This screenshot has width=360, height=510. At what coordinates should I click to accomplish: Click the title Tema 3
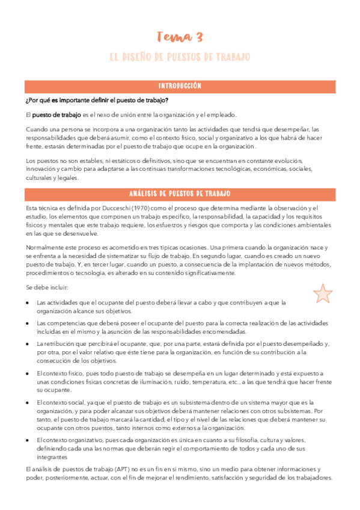pyautogui.click(x=180, y=37)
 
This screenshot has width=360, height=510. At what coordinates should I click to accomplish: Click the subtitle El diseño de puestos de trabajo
pyautogui.click(x=180, y=57)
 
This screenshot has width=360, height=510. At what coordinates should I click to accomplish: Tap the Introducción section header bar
pyautogui.click(x=180, y=86)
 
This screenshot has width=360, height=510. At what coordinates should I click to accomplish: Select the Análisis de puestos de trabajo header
pyautogui.click(x=180, y=194)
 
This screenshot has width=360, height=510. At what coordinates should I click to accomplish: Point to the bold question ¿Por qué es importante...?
pyautogui.click(x=88, y=100)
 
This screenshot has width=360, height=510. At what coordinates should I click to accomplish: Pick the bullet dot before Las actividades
pyautogui.click(x=28, y=303)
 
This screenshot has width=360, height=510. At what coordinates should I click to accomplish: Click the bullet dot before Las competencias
pyautogui.click(x=28, y=323)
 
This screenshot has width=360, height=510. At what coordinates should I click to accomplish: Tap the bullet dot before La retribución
pyautogui.click(x=28, y=343)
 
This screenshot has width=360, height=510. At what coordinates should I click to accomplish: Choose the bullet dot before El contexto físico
pyautogui.click(x=28, y=373)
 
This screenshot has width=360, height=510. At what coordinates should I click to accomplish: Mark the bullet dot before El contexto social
pyautogui.click(x=28, y=402)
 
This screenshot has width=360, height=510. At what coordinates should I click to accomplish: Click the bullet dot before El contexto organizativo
pyautogui.click(x=28, y=440)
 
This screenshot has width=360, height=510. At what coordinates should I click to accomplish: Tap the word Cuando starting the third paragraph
pyautogui.click(x=37, y=129)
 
